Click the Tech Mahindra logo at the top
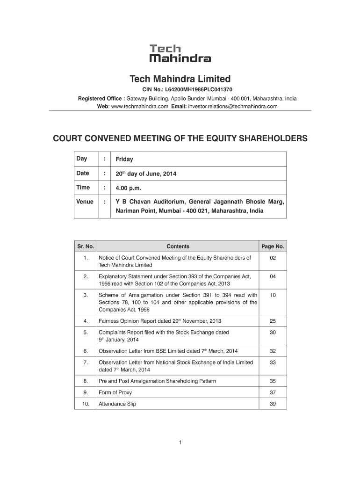click(180, 53)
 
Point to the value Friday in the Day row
click(124, 159)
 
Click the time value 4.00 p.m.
click(128, 188)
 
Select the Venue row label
click(85, 202)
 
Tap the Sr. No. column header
click(86, 247)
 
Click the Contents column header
click(178, 247)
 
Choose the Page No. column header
click(273, 247)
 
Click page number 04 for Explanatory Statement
click(273, 276)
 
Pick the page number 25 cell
click(273, 321)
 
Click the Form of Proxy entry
click(115, 392)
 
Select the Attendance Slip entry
click(117, 404)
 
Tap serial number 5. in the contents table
click(86, 333)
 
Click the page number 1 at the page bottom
click(180, 442)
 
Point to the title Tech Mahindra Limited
click(180, 78)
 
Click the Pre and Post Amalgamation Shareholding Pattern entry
click(157, 381)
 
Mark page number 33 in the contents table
click(273, 363)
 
